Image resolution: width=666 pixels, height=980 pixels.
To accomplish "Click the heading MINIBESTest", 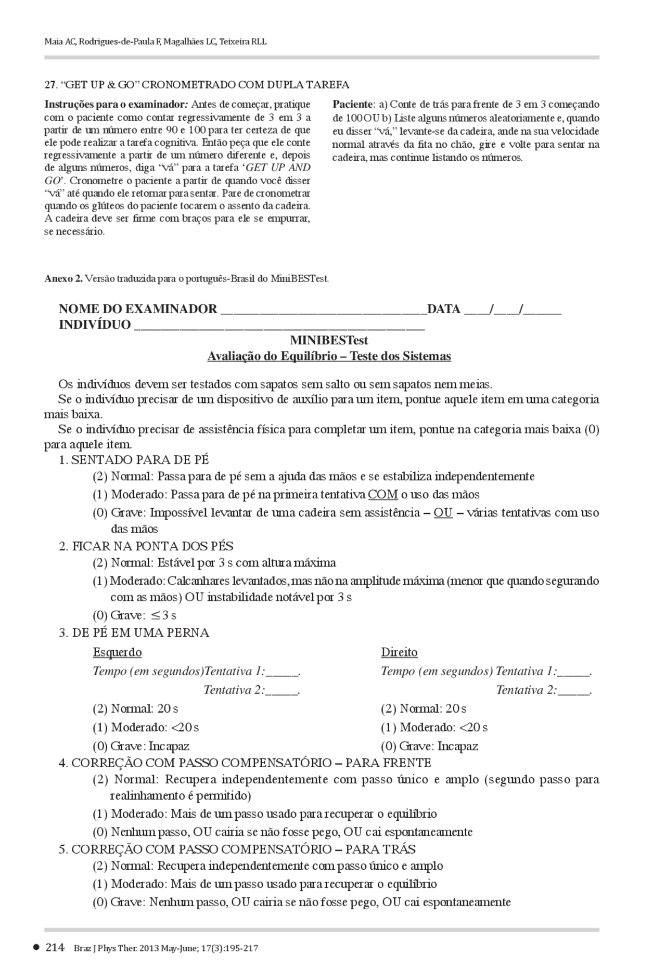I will [x=329, y=340].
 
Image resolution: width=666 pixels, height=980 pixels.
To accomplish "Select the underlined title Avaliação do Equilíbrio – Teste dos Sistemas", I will [x=329, y=356].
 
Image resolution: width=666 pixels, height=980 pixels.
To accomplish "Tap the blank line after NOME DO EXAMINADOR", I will [x=323, y=311].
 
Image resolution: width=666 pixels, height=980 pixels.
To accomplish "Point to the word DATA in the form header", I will [x=443, y=310].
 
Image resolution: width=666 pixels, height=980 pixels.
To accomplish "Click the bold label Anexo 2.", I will [x=63, y=278].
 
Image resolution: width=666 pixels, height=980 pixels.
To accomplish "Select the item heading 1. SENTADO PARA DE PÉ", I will [x=134, y=460].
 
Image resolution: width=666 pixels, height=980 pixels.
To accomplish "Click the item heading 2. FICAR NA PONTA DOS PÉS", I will [x=146, y=546].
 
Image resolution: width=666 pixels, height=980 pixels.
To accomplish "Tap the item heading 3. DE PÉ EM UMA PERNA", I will [x=134, y=633].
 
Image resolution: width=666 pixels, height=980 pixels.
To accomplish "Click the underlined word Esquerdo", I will [x=117, y=652].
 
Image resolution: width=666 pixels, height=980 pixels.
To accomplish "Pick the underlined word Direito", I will [x=399, y=652].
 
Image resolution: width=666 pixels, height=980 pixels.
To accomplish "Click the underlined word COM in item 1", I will [x=382, y=494].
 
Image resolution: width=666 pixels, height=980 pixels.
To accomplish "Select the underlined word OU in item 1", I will [x=443, y=512].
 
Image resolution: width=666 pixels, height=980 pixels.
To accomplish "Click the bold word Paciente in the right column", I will [x=353, y=104].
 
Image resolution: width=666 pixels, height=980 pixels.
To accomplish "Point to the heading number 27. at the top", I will [x=50, y=85].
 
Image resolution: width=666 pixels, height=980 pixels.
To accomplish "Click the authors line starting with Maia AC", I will [x=156, y=42].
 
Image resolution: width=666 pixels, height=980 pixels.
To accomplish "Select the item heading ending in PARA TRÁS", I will [x=237, y=849].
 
